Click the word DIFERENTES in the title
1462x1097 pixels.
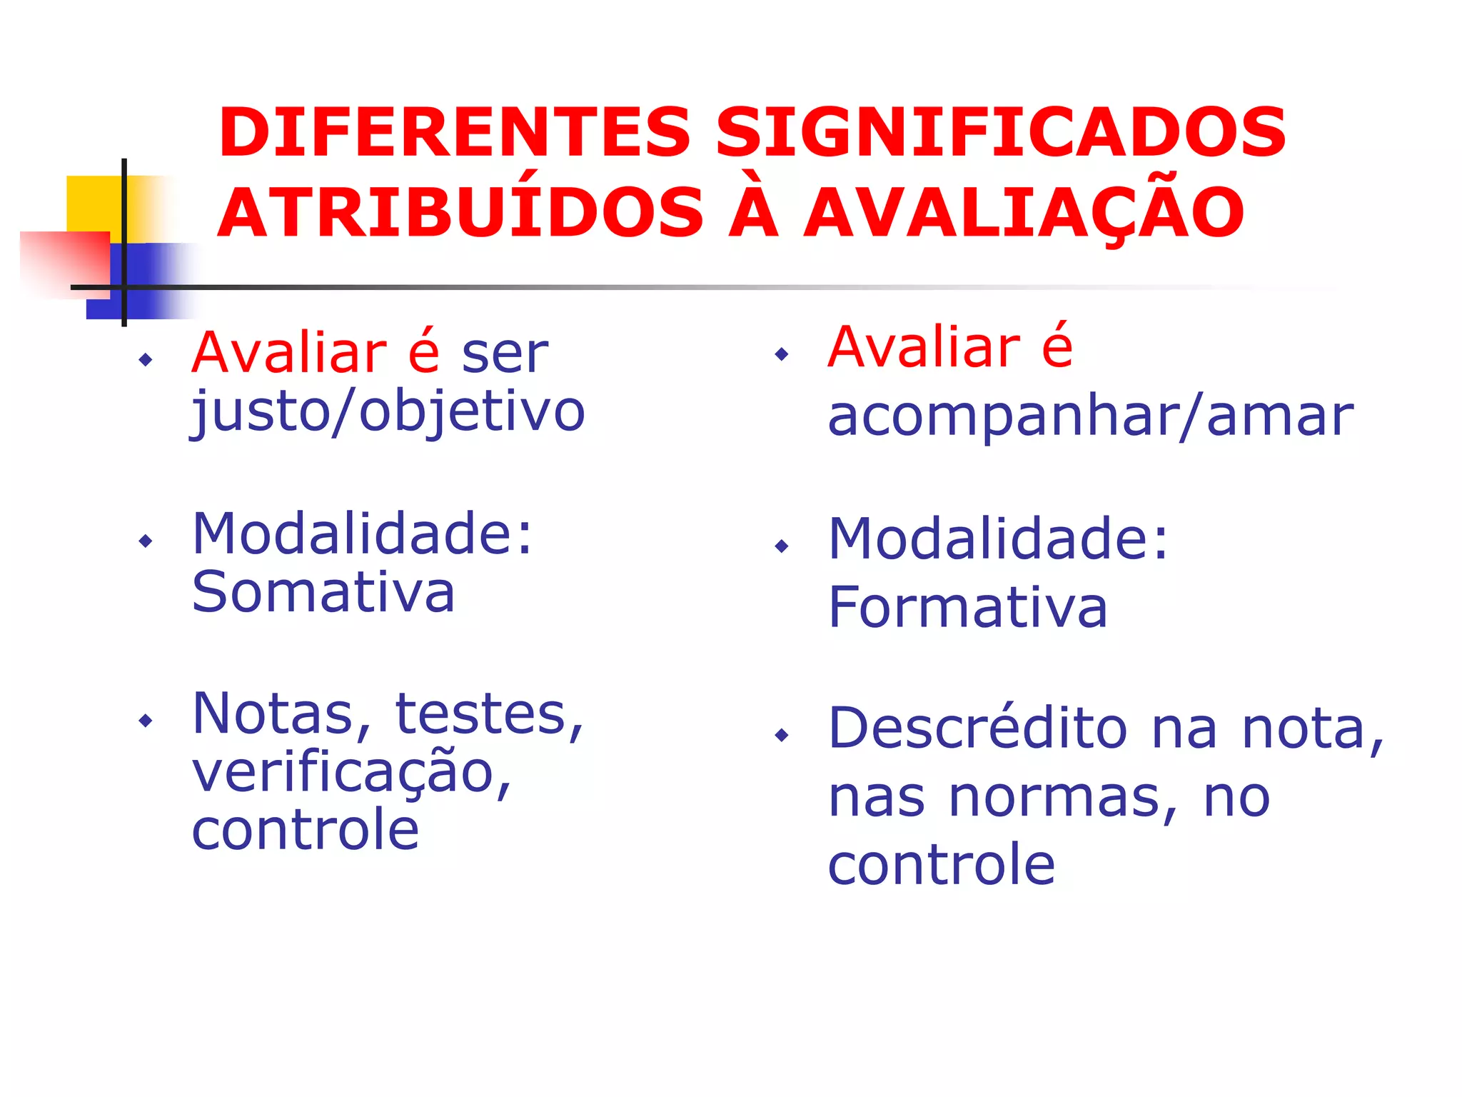coord(455,133)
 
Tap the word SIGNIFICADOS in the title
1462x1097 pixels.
coord(1000,133)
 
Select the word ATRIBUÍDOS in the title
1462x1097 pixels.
coord(460,213)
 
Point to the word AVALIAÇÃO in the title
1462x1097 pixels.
coord(1024,213)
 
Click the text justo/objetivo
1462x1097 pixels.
coord(388,413)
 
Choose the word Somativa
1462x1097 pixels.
coord(323,593)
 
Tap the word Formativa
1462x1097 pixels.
coord(967,608)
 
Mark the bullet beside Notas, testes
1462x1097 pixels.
coord(146,720)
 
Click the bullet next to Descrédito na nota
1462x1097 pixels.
coord(782,735)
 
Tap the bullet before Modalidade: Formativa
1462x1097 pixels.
coord(782,546)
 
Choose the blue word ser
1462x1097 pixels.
coord(505,354)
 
